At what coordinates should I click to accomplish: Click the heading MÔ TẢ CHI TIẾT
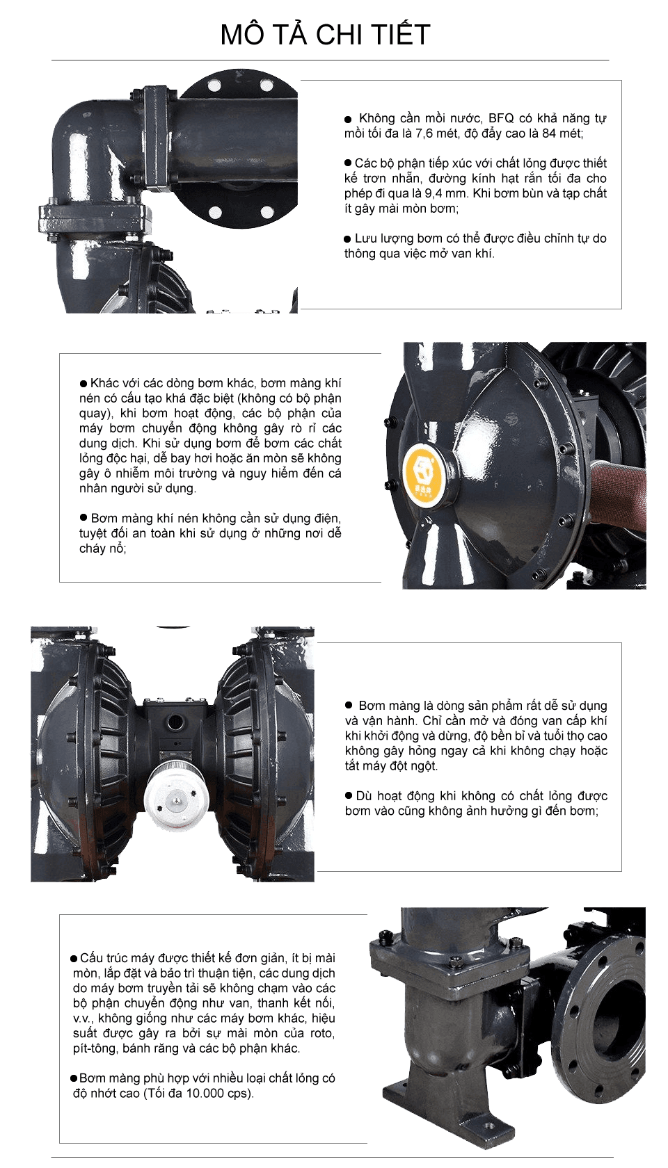[x=325, y=35]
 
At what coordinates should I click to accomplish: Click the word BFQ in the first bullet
[x=501, y=118]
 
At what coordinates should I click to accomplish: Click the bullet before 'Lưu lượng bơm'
[x=348, y=238]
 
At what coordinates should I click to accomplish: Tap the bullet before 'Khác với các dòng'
[x=83, y=383]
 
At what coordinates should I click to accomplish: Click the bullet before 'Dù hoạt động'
[x=349, y=795]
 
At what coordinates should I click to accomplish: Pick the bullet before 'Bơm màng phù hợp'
[x=74, y=1078]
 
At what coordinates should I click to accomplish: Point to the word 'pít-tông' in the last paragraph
[x=96, y=1048]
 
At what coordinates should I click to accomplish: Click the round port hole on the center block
[x=177, y=723]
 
